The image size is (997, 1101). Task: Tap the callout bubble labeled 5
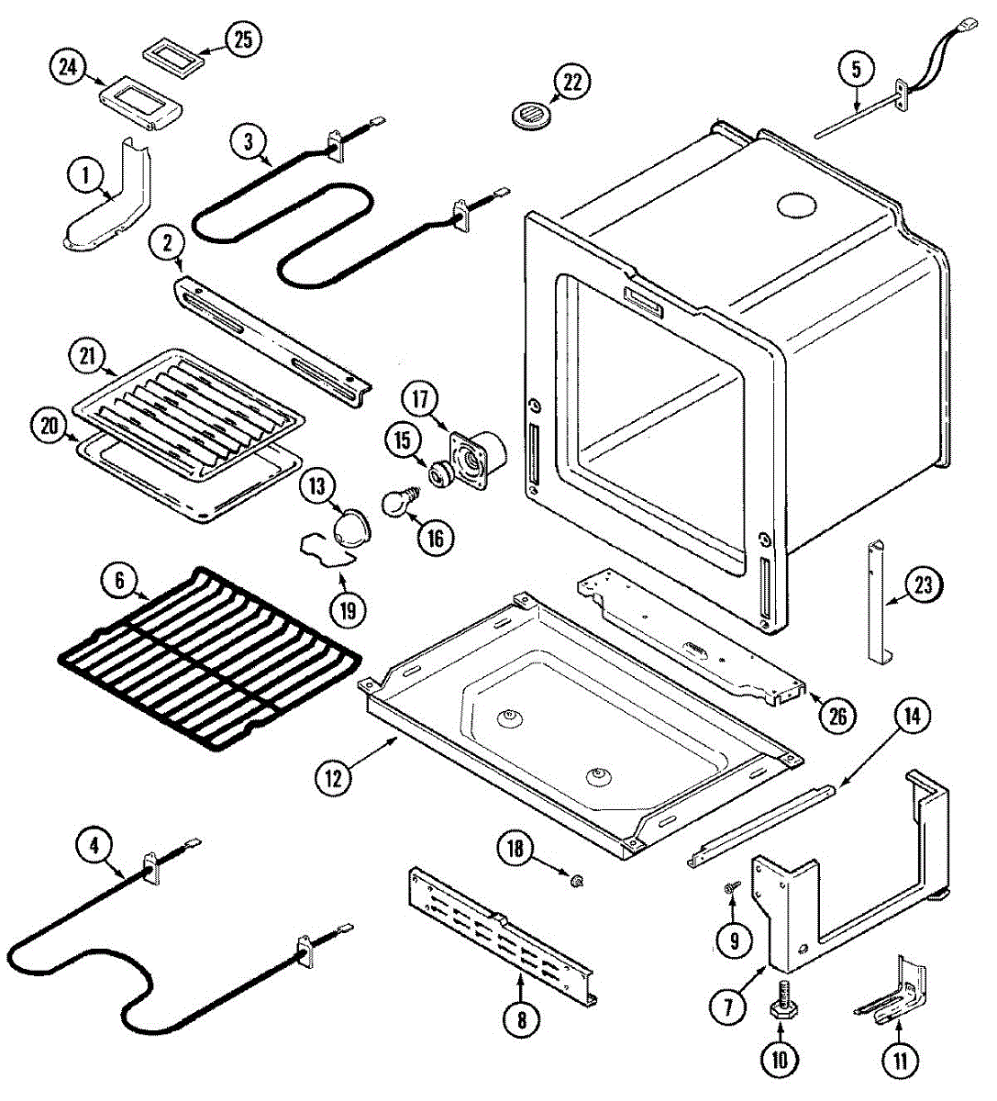[856, 69]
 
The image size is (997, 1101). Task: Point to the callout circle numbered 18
[515, 849]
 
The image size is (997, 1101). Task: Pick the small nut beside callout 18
[576, 882]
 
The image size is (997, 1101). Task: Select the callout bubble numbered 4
[94, 844]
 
